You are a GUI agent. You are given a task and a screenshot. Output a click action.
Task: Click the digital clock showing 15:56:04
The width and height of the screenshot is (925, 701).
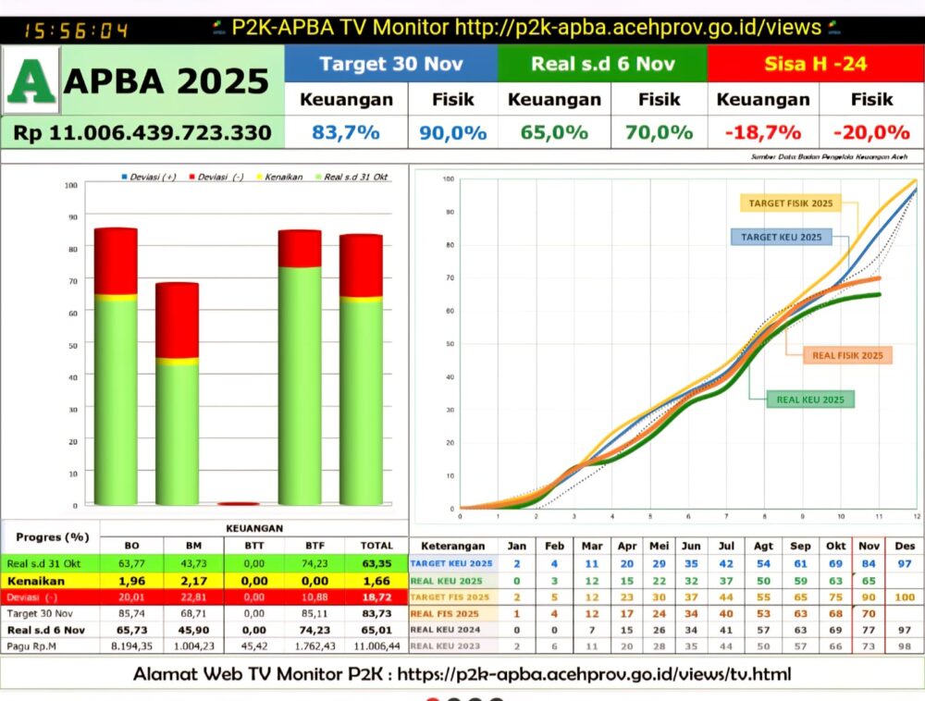coord(63,31)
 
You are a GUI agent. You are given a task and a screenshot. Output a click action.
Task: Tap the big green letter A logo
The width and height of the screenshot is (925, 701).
coord(31,80)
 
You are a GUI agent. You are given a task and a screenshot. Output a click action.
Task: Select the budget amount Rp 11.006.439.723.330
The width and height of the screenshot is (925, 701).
coord(142,132)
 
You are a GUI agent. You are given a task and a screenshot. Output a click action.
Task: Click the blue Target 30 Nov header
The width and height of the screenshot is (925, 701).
coord(390,64)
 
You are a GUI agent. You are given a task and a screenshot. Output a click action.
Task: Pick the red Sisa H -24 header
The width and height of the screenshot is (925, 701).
coord(815,64)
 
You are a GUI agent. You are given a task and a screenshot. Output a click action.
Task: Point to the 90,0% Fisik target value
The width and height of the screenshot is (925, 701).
coord(453,132)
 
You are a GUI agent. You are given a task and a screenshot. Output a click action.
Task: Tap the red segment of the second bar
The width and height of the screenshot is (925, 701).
coord(177,320)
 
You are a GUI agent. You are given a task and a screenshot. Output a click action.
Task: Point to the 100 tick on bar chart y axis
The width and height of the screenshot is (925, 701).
coord(71,185)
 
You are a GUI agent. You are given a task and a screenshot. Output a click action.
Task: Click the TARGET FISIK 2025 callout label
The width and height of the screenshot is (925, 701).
coord(789,203)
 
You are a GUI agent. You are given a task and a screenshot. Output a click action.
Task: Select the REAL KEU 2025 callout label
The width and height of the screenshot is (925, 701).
coord(809,400)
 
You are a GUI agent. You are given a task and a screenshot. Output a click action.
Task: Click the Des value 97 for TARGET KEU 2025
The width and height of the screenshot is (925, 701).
coord(905,563)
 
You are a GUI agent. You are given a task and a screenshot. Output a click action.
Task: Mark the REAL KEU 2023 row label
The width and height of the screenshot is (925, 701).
coord(447,646)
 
